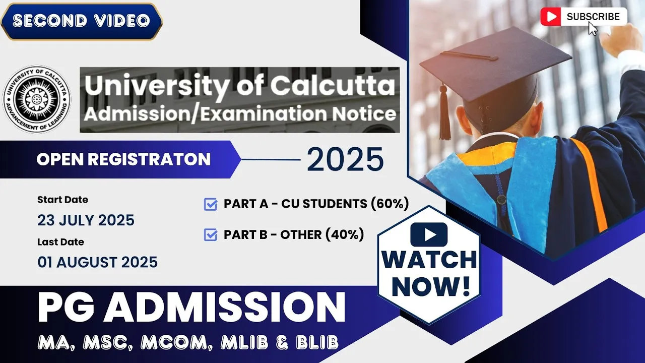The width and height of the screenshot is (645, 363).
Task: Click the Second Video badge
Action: click(82, 21)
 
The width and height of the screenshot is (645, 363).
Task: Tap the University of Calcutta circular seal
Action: click(37, 99)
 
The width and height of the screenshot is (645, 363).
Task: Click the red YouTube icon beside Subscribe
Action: click(550, 17)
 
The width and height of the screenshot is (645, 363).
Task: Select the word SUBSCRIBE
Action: click(593, 17)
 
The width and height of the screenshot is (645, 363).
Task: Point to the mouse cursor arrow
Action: click(593, 29)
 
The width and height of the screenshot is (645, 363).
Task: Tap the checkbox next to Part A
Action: click(211, 204)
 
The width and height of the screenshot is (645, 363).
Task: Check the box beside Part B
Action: click(211, 234)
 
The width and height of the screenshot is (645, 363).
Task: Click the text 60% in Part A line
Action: click(390, 203)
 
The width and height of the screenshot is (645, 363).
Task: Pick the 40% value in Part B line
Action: click(345, 234)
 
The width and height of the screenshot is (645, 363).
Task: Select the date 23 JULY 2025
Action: click(86, 220)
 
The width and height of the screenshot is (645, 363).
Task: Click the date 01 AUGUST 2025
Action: click(98, 262)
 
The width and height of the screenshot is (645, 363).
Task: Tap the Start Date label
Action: click(63, 199)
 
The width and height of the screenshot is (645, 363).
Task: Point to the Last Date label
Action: click(61, 241)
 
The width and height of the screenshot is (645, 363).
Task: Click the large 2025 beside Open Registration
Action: click(345, 159)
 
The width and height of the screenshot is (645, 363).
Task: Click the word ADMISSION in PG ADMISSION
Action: click(225, 307)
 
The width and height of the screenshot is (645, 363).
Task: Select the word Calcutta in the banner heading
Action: click(333, 85)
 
